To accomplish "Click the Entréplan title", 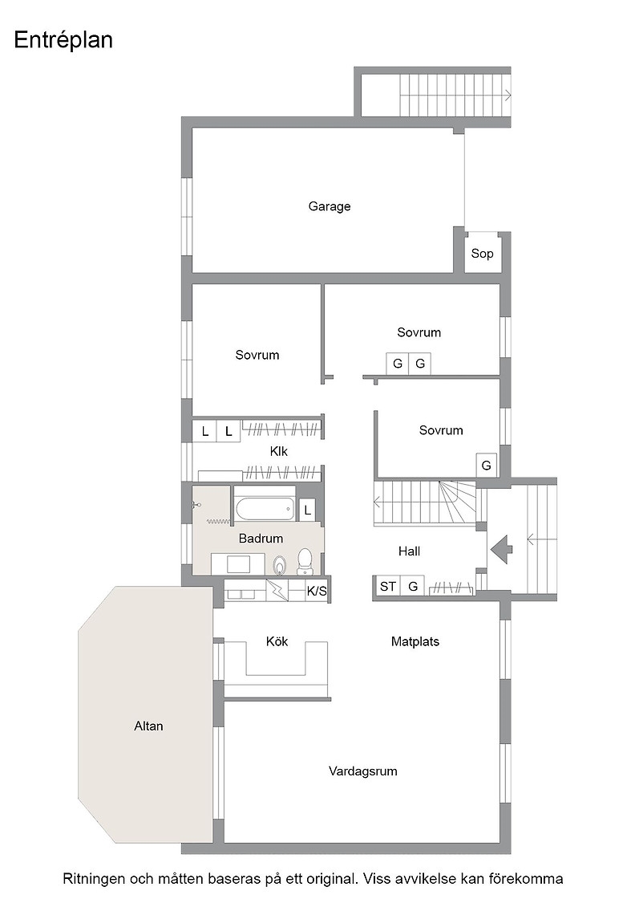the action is coord(63,40).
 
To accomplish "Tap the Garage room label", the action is coord(330,206).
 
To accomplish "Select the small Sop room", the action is coord(482,253).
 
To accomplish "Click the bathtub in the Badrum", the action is coord(265,509).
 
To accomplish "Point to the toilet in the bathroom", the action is coord(305,561).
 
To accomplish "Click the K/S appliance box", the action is coord(317,591).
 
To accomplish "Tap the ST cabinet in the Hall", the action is coord(387,586).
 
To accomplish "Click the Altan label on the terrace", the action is coord(148,726).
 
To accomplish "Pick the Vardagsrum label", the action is coord(363,771).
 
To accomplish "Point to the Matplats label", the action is coord(415,641).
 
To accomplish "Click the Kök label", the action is coord(277,641).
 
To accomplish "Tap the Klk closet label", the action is coord(279,452).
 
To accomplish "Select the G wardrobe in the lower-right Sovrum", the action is coord(486,466).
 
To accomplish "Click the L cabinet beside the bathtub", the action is coord(308,510).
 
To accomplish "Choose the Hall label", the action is coord(410,551).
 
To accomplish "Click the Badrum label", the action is coord(261,539).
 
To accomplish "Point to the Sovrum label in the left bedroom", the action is coord(257,355).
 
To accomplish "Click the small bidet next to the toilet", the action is coord(280,565).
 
